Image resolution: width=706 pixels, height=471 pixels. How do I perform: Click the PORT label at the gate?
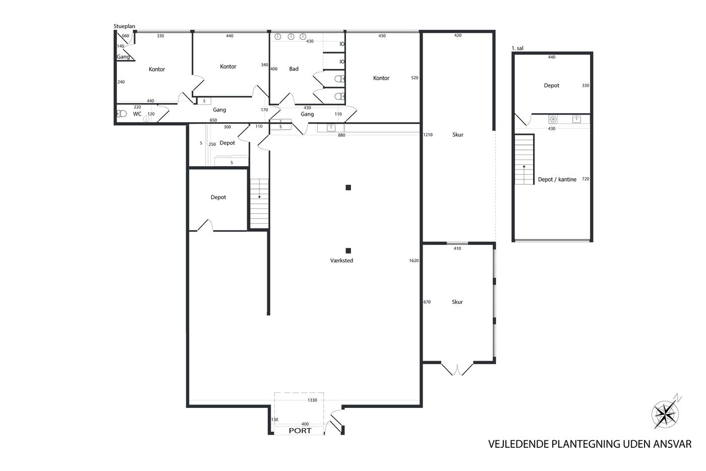300,431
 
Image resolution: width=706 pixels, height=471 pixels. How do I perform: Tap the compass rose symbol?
665,413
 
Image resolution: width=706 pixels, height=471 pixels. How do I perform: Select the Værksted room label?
341,260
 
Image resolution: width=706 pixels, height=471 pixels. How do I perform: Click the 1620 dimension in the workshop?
414,260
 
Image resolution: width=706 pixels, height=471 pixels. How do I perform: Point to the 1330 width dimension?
312,400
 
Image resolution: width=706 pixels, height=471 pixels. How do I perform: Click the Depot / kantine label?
557,179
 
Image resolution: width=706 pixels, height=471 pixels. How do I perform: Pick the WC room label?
137,114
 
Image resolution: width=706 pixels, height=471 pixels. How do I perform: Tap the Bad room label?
293,69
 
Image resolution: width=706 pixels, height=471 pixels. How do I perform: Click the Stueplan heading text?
124,26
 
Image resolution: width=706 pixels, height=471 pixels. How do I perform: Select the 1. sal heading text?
517,48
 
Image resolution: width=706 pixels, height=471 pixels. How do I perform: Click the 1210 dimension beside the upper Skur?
428,135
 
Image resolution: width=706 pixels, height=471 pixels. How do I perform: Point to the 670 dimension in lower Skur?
427,302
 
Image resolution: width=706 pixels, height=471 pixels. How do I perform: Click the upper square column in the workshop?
348,187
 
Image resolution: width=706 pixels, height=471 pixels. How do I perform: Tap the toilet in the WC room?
122,114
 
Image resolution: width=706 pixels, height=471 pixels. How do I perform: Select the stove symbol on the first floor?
553,119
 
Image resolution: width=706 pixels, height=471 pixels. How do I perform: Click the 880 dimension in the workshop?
341,135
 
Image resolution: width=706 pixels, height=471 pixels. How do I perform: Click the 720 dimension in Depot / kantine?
585,179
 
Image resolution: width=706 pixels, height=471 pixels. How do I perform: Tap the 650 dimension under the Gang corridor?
213,120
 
